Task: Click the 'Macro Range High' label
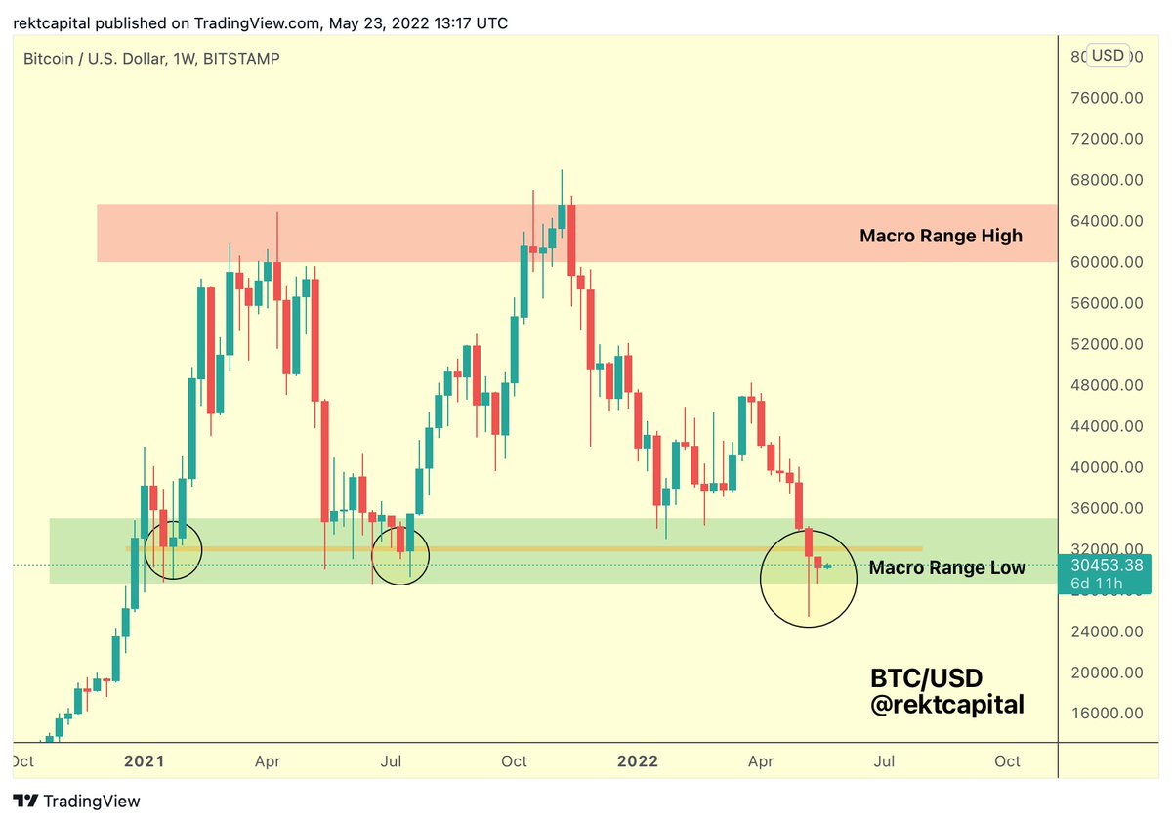(941, 236)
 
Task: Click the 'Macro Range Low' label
(946, 568)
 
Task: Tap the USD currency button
(1107, 55)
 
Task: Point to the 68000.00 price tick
(1108, 180)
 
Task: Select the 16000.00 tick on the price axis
(1108, 714)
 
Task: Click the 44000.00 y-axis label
(1108, 426)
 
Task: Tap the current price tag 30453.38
(1108, 565)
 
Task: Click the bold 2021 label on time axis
(146, 761)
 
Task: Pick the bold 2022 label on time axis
(638, 761)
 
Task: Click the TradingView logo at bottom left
(77, 802)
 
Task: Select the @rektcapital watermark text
(946, 704)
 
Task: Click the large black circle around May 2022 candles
(808, 579)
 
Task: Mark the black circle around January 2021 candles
(173, 548)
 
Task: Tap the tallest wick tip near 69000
(562, 170)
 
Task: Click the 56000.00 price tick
(1108, 303)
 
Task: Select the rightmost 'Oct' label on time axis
(1007, 761)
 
